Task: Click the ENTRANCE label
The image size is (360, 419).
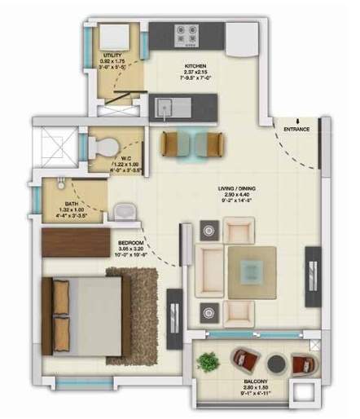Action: pos(297,130)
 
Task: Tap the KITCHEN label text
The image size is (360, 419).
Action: pos(194,65)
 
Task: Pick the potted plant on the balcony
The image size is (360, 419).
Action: pos(209,359)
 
